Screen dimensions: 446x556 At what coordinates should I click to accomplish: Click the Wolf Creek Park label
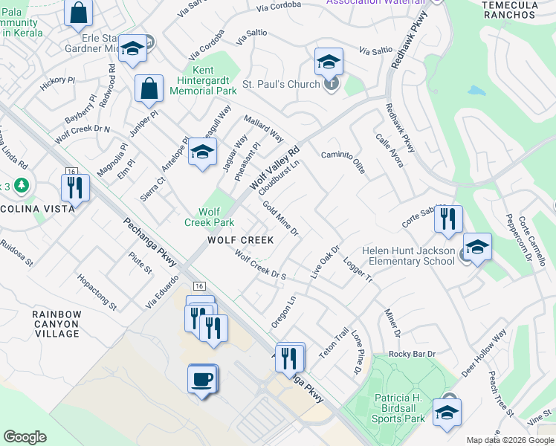[210, 216]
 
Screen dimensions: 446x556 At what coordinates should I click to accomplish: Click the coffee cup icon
[202, 379]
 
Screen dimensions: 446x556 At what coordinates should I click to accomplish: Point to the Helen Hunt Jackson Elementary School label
[409, 256]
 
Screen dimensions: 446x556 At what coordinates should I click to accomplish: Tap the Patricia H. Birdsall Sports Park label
[398, 409]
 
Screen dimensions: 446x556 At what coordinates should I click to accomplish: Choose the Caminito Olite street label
[343, 161]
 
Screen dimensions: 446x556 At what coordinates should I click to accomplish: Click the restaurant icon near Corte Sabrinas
[448, 219]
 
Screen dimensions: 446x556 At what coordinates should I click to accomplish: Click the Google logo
[25, 437]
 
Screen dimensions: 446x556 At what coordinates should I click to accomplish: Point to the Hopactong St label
[97, 291]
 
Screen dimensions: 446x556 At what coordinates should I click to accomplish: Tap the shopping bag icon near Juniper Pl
[149, 88]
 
